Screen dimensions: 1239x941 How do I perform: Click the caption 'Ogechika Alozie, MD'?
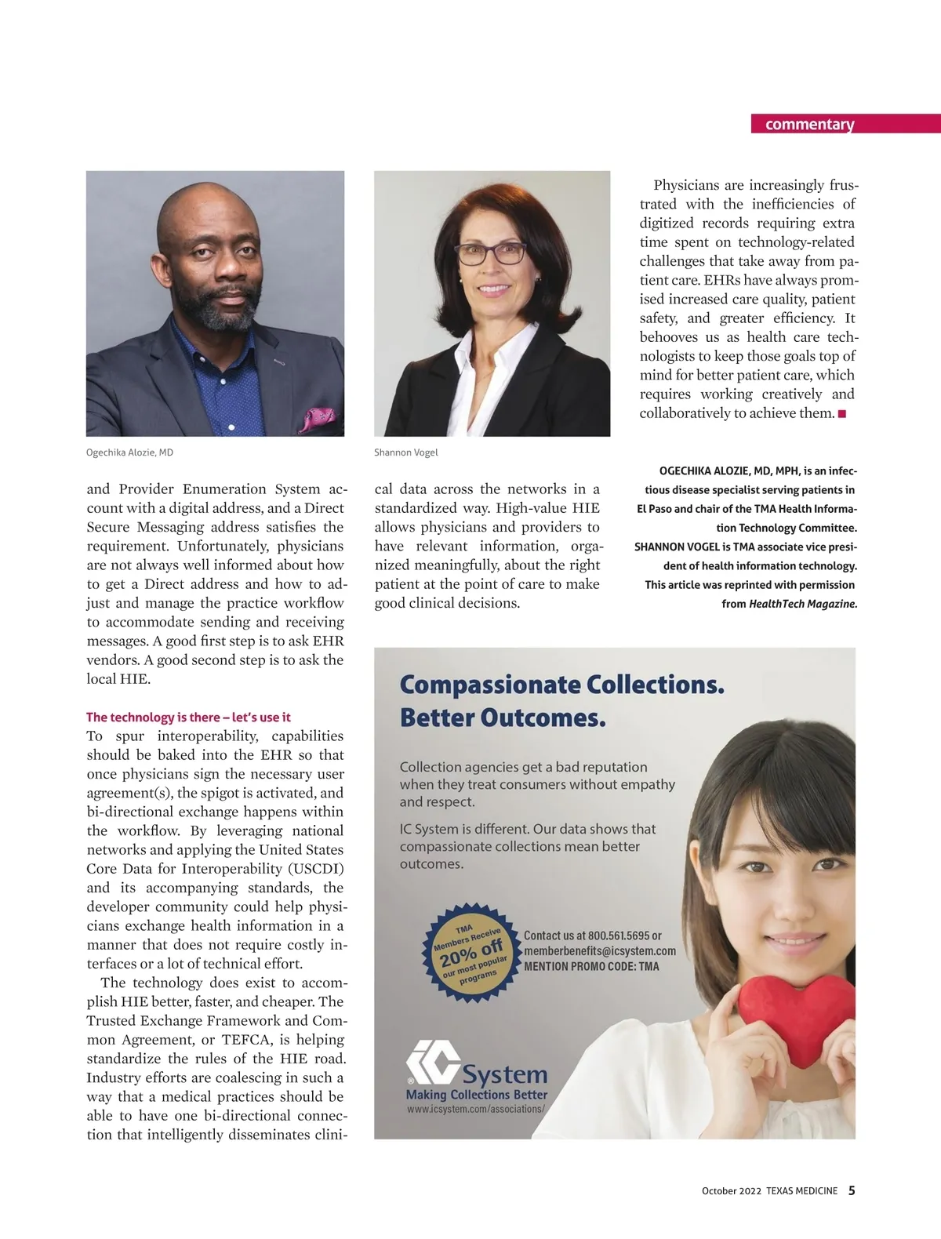129,452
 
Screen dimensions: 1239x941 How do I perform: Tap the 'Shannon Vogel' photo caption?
405,452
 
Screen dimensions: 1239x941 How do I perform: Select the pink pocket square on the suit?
318,417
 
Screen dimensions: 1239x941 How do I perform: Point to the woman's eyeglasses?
490,253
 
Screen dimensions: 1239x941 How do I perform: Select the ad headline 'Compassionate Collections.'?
561,685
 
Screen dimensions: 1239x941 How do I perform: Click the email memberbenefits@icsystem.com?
599,951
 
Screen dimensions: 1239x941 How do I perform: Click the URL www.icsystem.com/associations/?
475,1110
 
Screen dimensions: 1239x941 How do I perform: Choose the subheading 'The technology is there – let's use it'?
188,717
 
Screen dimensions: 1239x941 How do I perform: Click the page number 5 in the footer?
852,1190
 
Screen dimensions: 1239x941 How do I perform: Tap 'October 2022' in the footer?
731,1191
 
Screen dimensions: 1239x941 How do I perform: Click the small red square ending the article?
842,413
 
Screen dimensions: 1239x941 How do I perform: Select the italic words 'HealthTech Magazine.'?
803,604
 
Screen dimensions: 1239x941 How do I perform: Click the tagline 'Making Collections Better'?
476,1095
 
